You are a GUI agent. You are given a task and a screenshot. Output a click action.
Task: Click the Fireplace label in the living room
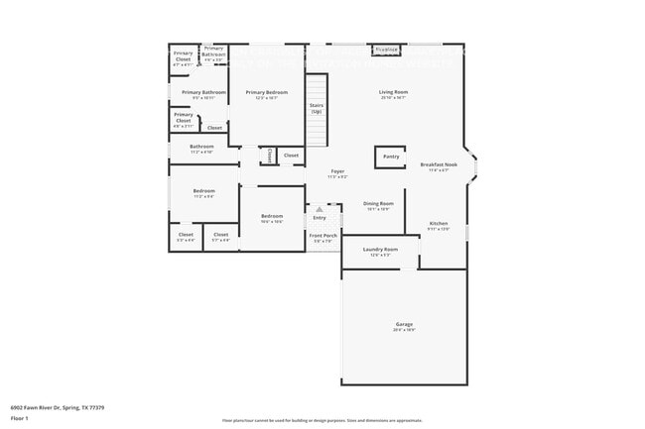point(386,49)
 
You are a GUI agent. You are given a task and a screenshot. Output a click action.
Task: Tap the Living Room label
point(394,92)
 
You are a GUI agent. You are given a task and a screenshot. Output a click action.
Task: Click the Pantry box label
point(391,157)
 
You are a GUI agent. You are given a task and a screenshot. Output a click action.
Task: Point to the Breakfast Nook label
point(438,164)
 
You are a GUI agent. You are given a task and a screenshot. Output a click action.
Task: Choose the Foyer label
point(337,171)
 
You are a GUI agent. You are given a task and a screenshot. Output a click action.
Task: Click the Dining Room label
point(378,203)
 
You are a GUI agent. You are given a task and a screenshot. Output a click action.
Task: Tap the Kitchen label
point(439,223)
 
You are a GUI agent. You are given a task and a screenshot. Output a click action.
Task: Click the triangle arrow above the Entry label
point(320,209)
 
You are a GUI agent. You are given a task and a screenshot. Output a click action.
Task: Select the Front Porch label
point(323,235)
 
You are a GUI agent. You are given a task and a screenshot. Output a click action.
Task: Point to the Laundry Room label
point(380,249)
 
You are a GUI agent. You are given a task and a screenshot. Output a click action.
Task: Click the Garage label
point(404,324)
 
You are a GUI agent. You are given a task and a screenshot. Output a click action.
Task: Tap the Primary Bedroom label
point(267,92)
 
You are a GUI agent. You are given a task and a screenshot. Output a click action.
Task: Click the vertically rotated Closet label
point(269,156)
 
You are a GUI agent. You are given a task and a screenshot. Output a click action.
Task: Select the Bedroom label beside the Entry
point(272,216)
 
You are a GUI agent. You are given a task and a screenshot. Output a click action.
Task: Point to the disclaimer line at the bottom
point(322,420)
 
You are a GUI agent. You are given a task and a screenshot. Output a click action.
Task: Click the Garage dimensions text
point(404,330)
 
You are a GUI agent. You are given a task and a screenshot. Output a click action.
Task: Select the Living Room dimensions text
point(394,98)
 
